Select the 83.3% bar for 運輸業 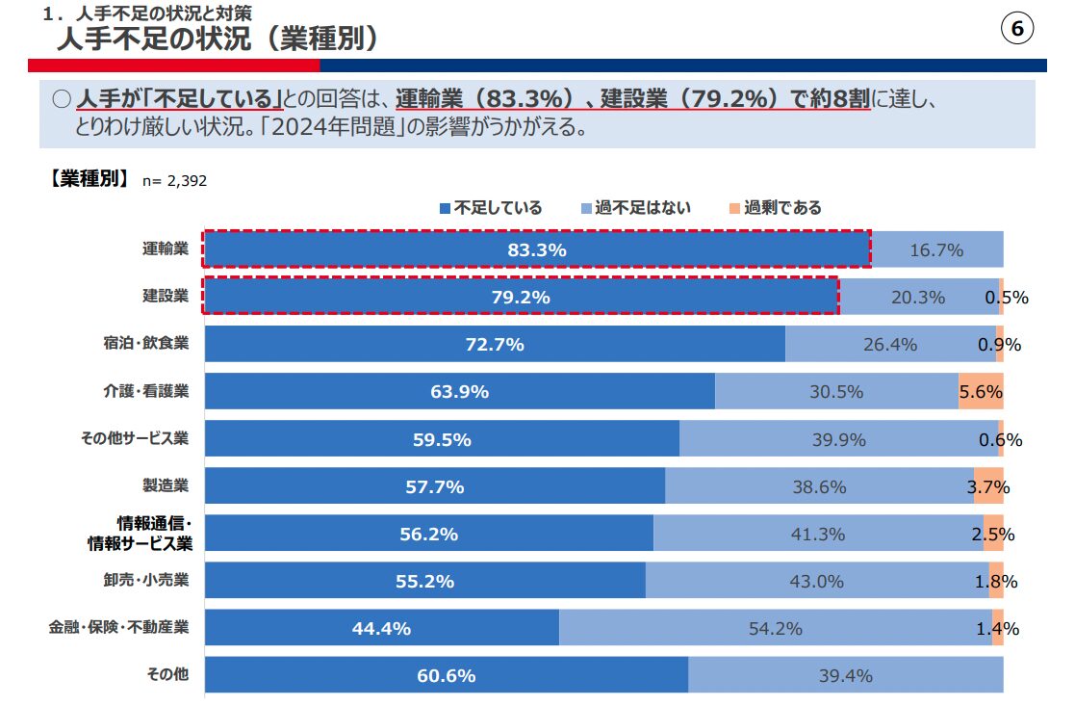536,249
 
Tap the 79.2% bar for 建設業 520,297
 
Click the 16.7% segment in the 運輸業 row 936,249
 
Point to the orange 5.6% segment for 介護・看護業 981,391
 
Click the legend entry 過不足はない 635,207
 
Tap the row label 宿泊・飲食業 146,344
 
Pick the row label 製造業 165,485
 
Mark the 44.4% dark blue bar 381,628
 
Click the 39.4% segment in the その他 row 845,675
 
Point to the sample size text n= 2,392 174,180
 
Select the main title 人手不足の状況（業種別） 217,39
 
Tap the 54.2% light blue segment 775,628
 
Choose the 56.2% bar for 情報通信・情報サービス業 428,534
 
